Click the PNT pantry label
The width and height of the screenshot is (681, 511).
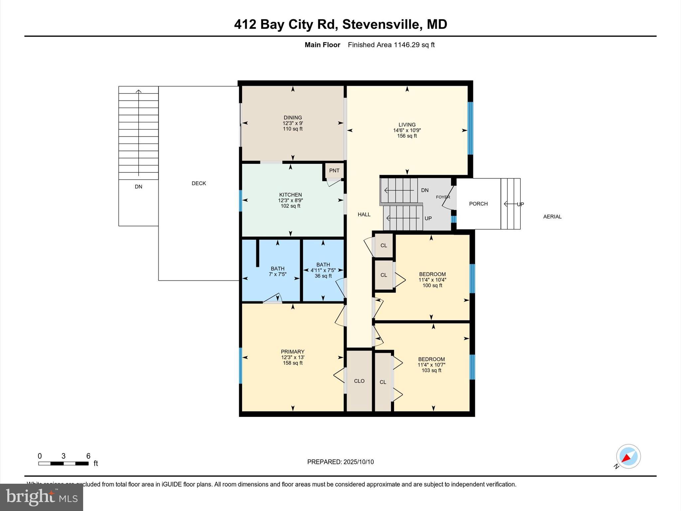pyautogui.click(x=334, y=171)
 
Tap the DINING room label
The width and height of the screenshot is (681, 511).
pyautogui.click(x=293, y=117)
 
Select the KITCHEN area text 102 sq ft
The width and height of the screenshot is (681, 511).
pyautogui.click(x=290, y=206)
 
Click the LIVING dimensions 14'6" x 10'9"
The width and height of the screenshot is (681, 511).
pyautogui.click(x=407, y=130)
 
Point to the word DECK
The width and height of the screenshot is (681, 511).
pyautogui.click(x=199, y=183)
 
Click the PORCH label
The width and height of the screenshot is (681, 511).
pyautogui.click(x=478, y=204)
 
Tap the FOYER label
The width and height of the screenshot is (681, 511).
pyautogui.click(x=443, y=197)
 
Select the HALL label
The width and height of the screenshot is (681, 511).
pyautogui.click(x=364, y=215)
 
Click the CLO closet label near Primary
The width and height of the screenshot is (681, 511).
pyautogui.click(x=359, y=381)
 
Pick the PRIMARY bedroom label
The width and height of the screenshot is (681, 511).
pyautogui.click(x=293, y=352)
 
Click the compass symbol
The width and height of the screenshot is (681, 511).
pyautogui.click(x=628, y=456)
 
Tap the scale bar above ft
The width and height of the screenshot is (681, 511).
pyautogui.click(x=63, y=463)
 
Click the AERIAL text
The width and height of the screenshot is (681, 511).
pyautogui.click(x=552, y=217)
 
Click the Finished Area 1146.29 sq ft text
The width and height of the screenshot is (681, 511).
pyautogui.click(x=391, y=45)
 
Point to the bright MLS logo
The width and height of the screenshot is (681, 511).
pyautogui.click(x=42, y=497)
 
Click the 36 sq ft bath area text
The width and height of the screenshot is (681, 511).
pyautogui.click(x=323, y=276)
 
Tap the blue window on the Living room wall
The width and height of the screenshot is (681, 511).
pyautogui.click(x=470, y=128)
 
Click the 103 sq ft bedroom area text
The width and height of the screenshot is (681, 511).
pyautogui.click(x=431, y=370)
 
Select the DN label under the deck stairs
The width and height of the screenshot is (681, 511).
pyautogui.click(x=138, y=187)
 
